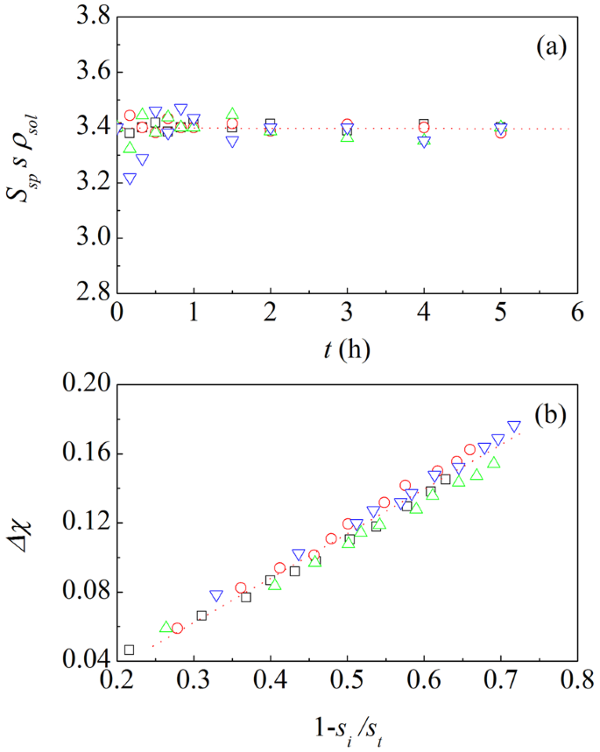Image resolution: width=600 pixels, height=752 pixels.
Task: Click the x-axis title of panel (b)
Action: point(339,726)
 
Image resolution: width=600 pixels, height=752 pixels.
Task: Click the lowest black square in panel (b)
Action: point(129,650)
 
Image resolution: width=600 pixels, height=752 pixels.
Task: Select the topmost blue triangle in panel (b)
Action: point(514,427)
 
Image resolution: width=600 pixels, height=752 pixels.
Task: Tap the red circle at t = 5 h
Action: point(500,133)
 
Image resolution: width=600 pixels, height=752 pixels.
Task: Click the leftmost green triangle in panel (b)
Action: point(166,627)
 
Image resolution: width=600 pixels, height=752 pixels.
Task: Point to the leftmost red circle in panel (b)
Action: point(177,628)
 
